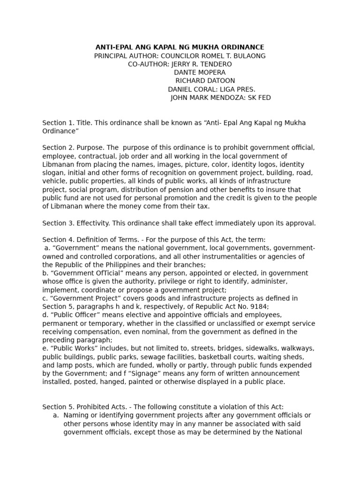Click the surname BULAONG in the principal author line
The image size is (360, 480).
coord(247,56)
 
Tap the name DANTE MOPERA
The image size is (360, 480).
coord(200,73)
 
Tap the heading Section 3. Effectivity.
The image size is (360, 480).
coord(75,223)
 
